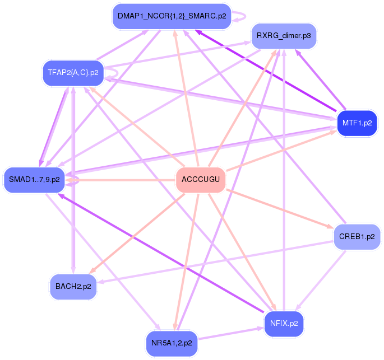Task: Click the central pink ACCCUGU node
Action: (201, 180)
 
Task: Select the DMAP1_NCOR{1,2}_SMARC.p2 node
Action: (172, 16)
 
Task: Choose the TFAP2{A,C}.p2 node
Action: (73, 73)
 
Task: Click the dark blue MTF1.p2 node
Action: (357, 121)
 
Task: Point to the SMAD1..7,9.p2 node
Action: (34, 180)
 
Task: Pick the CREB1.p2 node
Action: (357, 236)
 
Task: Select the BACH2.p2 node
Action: (73, 286)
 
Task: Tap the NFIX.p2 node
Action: (284, 324)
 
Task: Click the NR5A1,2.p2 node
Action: (172, 343)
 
